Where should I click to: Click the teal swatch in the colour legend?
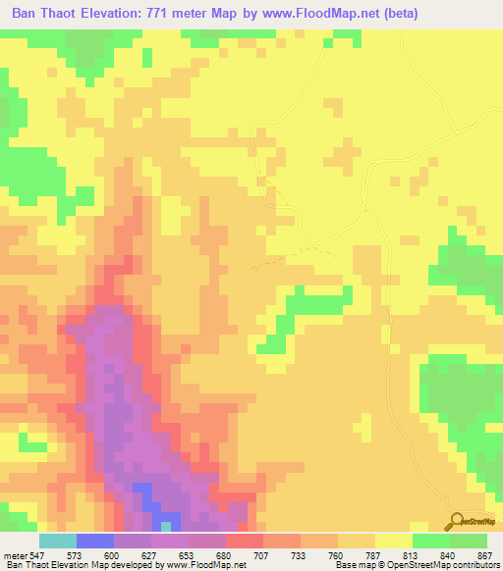tap(57, 541)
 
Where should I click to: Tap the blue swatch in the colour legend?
tap(94, 541)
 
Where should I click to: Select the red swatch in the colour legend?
tap(244, 541)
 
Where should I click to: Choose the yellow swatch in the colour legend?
tap(393, 541)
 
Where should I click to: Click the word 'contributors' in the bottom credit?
tap(474, 564)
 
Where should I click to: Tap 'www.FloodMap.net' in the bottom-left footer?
tap(205, 564)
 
